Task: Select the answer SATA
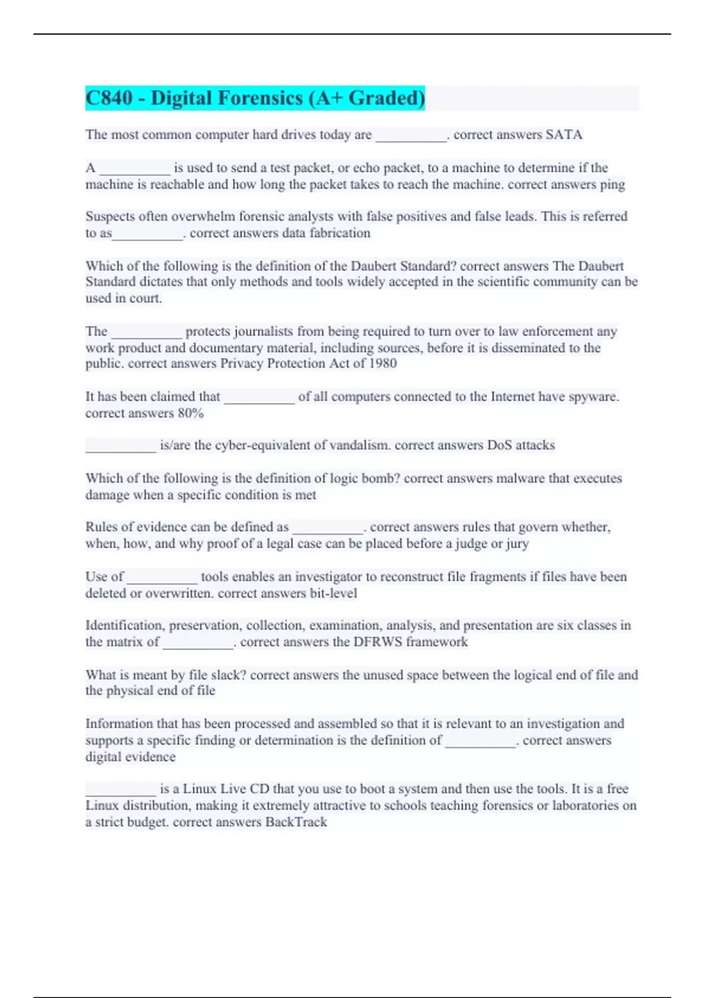[564, 135]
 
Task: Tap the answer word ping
[612, 185]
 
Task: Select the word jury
[517, 544]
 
